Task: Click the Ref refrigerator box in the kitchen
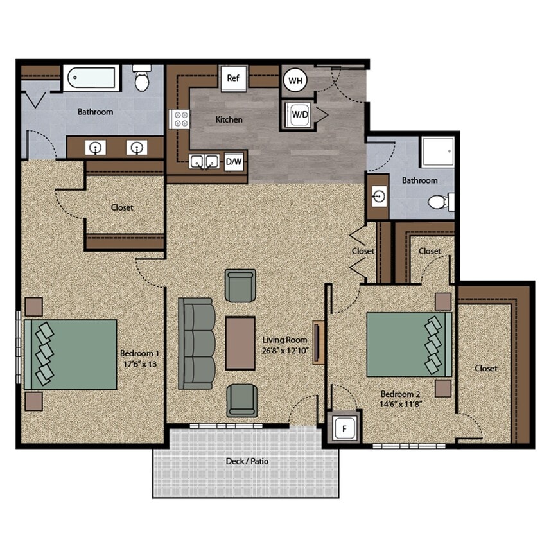(x=233, y=78)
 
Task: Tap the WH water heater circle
(x=295, y=80)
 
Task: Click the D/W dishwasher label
(x=234, y=162)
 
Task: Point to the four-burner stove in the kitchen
(x=180, y=119)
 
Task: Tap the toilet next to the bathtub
(x=141, y=79)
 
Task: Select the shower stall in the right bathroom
(x=437, y=152)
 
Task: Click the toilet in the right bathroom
(x=440, y=203)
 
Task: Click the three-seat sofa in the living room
(x=197, y=343)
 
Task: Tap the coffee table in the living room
(x=241, y=343)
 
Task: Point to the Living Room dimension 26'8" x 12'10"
(x=285, y=351)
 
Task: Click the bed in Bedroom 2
(x=408, y=344)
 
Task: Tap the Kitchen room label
(x=229, y=119)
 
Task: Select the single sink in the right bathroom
(x=379, y=195)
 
